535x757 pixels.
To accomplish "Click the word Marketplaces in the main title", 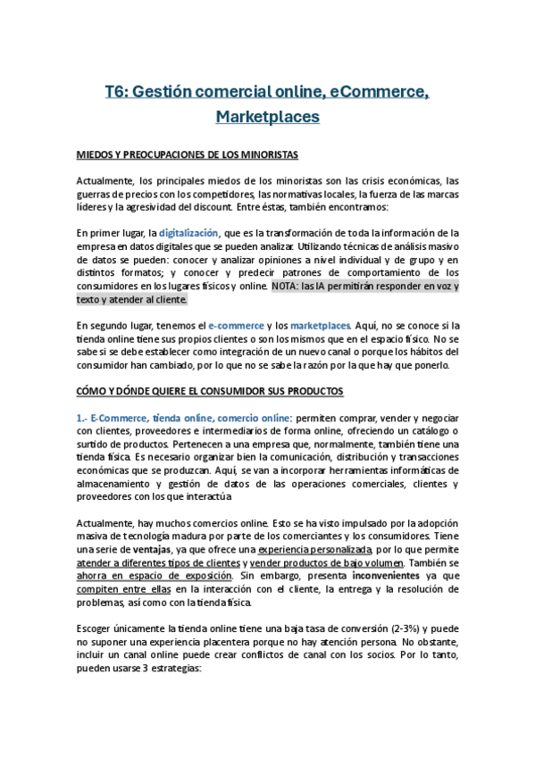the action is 267,116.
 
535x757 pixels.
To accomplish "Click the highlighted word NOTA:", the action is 288,287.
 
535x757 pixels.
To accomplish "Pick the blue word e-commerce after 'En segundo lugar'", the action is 236,326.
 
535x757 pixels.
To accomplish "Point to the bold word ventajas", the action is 145,549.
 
